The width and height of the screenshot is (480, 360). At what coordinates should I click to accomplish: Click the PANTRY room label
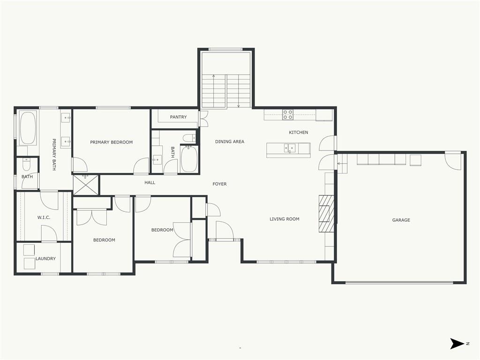(x=178, y=117)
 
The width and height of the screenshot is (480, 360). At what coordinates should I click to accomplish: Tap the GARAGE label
(x=401, y=220)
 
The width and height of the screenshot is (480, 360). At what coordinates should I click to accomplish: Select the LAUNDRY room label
(x=45, y=258)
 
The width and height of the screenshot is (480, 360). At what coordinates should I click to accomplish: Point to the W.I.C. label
(x=44, y=217)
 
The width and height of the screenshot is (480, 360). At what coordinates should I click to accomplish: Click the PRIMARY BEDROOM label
(x=112, y=142)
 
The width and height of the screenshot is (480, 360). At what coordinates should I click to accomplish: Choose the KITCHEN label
(x=299, y=132)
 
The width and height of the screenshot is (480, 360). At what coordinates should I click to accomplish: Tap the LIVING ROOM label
(x=285, y=219)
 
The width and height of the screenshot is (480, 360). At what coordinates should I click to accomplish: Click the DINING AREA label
(x=230, y=142)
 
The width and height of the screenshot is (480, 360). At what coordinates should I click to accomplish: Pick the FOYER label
(x=219, y=184)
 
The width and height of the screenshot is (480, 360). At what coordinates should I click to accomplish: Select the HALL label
(x=150, y=182)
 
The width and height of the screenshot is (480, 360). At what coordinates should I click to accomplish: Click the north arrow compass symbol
(x=457, y=344)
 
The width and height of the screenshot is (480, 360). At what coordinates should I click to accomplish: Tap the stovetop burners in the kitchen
(x=287, y=114)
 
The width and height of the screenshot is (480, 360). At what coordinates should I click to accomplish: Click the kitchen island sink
(x=289, y=148)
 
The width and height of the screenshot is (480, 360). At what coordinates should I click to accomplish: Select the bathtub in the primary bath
(x=28, y=128)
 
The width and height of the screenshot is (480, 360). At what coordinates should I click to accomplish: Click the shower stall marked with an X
(x=86, y=185)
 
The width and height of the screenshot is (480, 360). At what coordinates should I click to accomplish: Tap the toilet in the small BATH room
(x=26, y=164)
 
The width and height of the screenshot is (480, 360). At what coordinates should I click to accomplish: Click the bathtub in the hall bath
(x=189, y=159)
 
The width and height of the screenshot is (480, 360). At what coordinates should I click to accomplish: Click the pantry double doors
(x=203, y=119)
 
